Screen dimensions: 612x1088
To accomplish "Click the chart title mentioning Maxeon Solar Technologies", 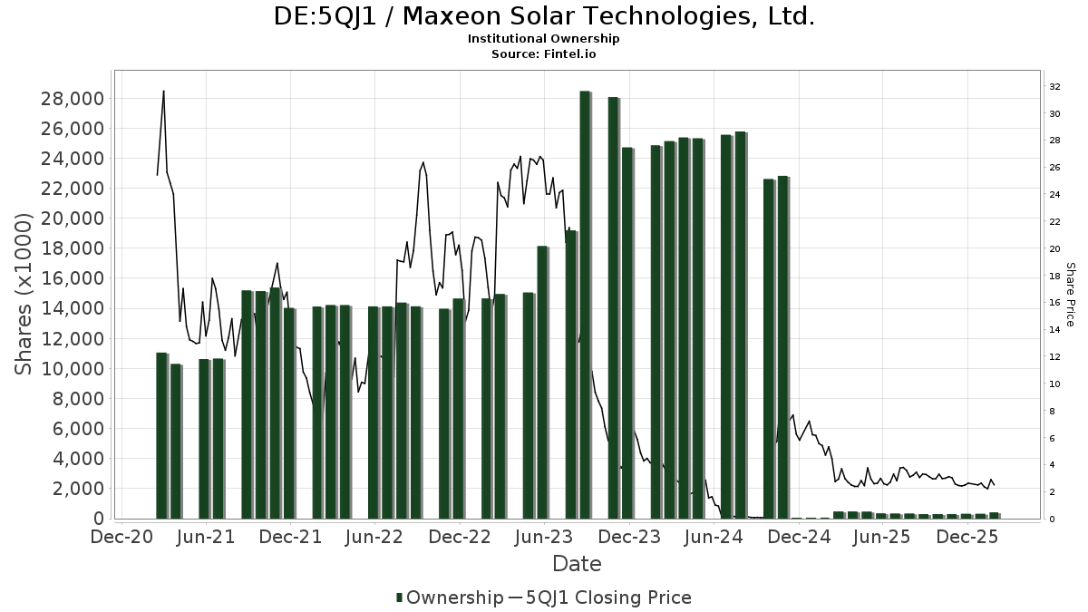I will point(543,16).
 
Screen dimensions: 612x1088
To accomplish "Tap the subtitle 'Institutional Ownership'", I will point(543,39).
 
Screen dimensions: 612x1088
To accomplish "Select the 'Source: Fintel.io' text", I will point(543,54).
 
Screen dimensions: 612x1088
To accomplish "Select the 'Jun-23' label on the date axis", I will point(544,537).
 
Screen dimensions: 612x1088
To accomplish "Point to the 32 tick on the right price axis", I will point(1055,87).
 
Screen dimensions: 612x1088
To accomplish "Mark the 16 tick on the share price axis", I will point(1055,303).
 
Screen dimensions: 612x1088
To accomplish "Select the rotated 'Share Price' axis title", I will point(1070,295).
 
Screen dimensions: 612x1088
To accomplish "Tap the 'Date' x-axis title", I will point(577,564).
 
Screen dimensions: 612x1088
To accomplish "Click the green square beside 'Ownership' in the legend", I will point(400,597).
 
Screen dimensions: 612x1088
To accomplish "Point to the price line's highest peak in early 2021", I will point(163,91).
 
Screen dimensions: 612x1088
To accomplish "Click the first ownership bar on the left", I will point(161,435).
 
